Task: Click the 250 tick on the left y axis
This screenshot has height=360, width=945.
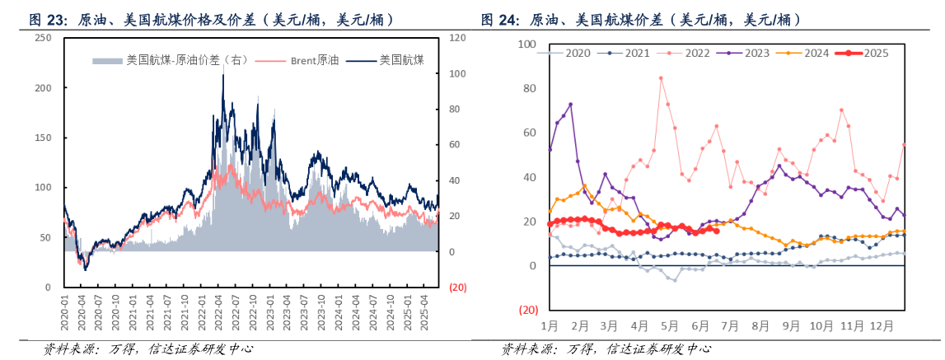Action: pos(43,38)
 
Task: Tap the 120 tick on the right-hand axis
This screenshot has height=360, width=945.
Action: pos(458,39)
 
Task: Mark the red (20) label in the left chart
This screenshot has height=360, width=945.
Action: pos(457,288)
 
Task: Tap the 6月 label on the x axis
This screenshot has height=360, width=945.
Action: pos(701,326)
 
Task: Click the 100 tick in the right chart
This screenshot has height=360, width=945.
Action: pos(525,44)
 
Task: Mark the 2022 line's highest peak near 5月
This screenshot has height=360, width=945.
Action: pos(661,78)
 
